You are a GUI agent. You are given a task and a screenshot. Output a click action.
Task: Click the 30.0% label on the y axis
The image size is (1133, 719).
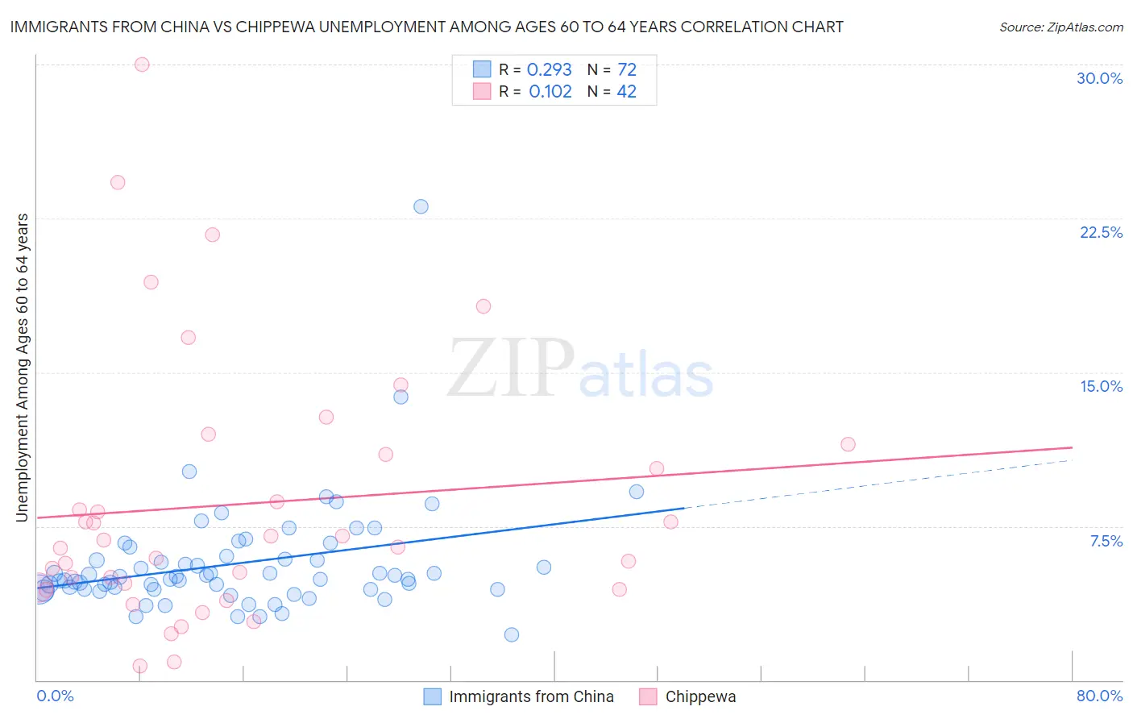point(1099,78)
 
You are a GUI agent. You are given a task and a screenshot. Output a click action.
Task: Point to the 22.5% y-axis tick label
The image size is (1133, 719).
point(1101,232)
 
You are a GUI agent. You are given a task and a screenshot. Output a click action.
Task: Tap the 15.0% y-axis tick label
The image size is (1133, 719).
point(1101,386)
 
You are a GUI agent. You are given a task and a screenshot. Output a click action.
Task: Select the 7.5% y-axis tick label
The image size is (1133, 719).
point(1106,541)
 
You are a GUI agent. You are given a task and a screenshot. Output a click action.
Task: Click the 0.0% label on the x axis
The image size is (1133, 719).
point(55,696)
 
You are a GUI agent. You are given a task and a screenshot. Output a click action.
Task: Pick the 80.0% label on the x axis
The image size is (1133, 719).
point(1099,696)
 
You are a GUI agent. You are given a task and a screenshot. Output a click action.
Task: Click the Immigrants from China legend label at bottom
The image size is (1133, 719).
point(531,696)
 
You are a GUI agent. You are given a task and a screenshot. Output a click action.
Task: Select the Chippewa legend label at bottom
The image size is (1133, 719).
point(700,696)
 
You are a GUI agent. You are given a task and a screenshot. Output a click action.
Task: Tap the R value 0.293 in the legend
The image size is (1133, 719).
point(549,70)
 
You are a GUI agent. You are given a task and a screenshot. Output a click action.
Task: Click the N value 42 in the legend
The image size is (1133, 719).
point(626,92)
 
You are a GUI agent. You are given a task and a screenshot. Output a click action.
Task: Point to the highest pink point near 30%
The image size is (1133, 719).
point(142,64)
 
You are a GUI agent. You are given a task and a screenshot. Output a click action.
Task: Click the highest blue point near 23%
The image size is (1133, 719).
point(421,206)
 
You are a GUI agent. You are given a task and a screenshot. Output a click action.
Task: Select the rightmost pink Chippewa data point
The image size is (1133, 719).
point(848,444)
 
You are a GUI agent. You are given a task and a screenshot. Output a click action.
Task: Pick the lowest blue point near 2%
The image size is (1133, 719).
point(512,634)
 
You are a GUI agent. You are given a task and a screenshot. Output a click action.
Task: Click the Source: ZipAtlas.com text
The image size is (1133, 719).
point(1060,27)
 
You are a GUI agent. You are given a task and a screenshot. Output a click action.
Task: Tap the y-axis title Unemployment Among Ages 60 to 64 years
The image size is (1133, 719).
point(23,368)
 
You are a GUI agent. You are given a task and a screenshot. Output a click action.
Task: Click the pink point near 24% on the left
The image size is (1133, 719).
point(118,182)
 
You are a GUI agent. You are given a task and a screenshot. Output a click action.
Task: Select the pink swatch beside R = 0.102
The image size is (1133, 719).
point(482,91)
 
